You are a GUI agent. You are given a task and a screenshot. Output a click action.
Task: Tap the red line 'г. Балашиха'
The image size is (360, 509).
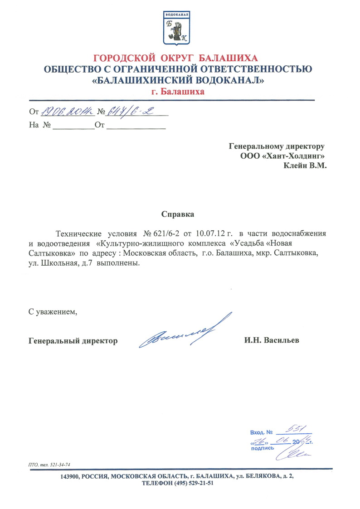(x=178, y=92)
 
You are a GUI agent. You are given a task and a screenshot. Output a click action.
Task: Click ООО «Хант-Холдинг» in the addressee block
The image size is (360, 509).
(x=283, y=156)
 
